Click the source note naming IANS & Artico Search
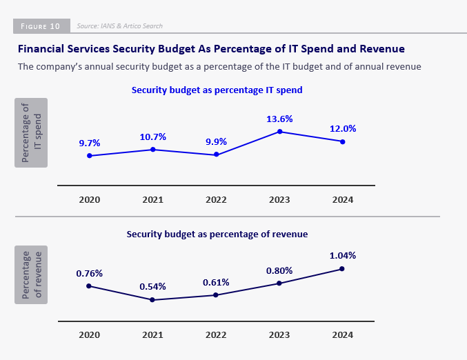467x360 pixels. coord(119,26)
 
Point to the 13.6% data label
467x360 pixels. coord(279,119)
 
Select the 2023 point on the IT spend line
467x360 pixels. coord(279,131)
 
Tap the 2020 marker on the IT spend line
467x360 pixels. coord(90,156)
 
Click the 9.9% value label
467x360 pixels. coord(216,142)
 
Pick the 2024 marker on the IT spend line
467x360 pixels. coord(343,141)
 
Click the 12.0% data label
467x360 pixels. coord(343,129)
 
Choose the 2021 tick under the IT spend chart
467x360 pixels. coord(152,199)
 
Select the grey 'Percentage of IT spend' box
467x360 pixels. coord(31,132)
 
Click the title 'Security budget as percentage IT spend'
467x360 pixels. coord(217,90)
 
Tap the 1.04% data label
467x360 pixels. coord(343,255)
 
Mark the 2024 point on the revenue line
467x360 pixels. coord(343,268)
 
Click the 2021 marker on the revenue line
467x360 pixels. coord(152,300)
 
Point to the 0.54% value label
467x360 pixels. coord(152,286)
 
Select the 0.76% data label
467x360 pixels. coord(90,273)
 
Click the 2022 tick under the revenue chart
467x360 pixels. coord(216,334)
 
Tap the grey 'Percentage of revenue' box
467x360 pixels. coord(31,274)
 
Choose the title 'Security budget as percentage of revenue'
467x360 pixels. coord(217,234)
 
